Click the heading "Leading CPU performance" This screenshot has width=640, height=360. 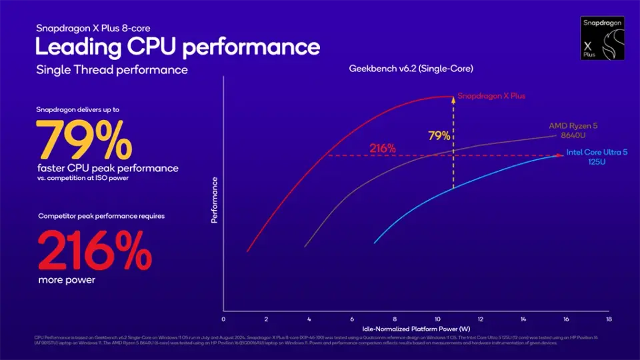(x=177, y=47)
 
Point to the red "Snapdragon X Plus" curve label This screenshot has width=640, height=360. (x=492, y=96)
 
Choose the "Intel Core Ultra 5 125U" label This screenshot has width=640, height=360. (x=597, y=157)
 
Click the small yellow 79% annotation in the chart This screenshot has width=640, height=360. (x=439, y=136)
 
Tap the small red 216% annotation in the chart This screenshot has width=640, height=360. (x=383, y=148)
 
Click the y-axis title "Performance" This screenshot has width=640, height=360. (x=215, y=199)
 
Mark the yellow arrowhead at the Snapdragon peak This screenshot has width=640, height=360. (x=453, y=99)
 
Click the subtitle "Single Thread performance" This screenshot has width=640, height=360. (x=112, y=70)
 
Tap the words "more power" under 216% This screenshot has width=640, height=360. (x=66, y=280)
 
